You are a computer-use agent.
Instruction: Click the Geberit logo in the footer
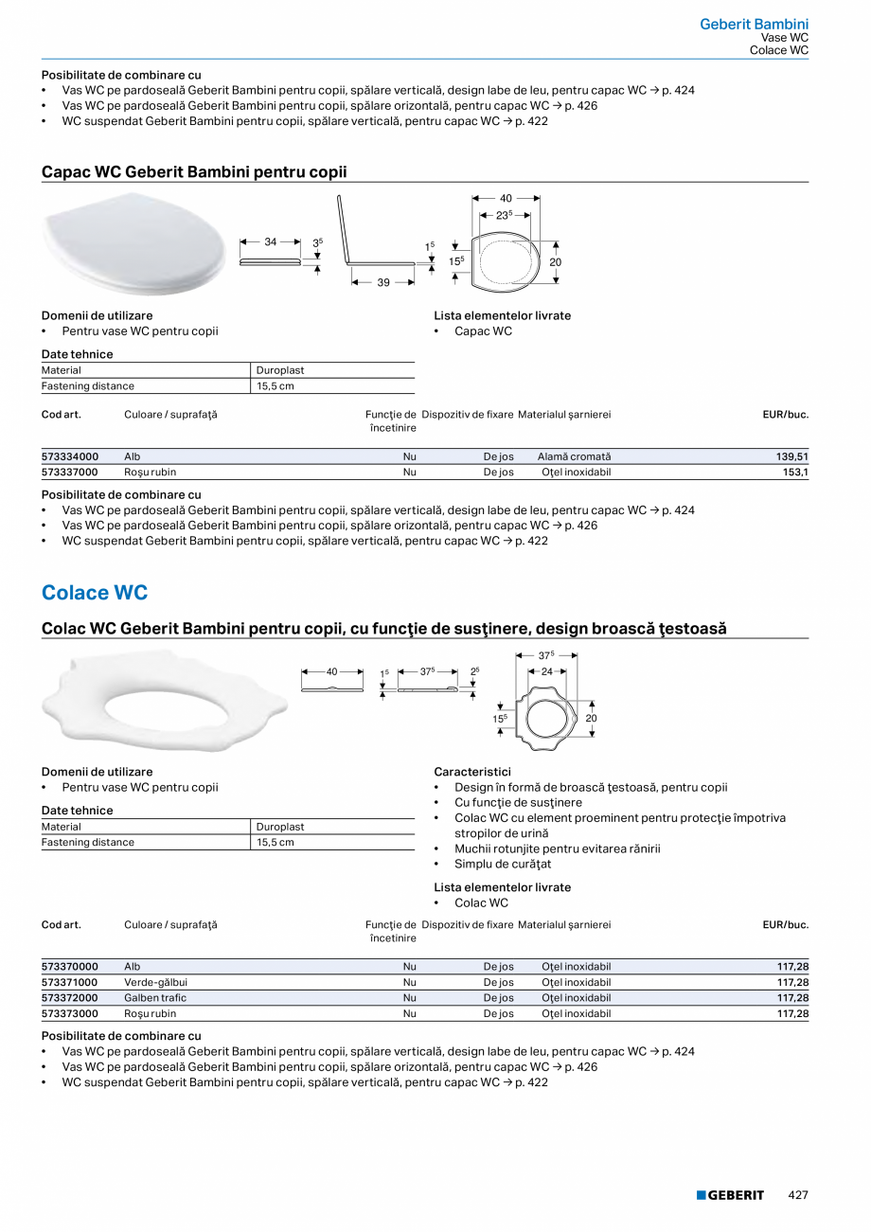click(x=730, y=1195)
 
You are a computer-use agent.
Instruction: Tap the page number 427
click(x=798, y=1195)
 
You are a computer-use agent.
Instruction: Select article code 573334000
click(x=70, y=456)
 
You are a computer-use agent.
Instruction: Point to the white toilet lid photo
click(x=134, y=249)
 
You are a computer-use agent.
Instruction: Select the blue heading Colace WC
click(x=95, y=593)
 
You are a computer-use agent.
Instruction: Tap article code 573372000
click(x=70, y=998)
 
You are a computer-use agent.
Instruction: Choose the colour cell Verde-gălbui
click(x=156, y=982)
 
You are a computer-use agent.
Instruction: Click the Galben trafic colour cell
click(x=155, y=998)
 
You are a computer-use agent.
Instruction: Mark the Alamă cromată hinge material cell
click(x=574, y=456)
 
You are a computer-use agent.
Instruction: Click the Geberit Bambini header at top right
click(x=754, y=24)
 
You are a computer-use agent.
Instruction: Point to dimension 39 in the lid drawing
click(x=383, y=282)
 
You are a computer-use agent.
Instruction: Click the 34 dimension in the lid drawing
click(x=271, y=242)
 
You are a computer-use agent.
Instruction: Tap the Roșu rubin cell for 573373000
click(x=150, y=1013)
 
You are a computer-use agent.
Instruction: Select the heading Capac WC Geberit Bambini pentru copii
click(x=194, y=171)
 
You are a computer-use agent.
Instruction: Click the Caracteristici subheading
click(x=472, y=772)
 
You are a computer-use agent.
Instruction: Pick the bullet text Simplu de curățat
click(x=503, y=864)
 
